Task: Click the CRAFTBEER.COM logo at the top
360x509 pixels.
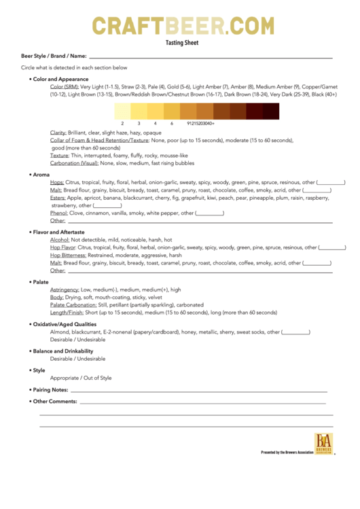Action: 183,26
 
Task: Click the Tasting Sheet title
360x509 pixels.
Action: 182,42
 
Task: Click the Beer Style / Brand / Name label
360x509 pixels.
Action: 54,56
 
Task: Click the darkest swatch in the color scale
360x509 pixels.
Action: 270,111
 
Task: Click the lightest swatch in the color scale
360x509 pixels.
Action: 122,111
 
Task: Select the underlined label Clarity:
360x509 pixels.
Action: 58,133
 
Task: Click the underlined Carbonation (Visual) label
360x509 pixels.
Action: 74,163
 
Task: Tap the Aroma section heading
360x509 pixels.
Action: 41,175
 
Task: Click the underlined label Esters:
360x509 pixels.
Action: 58,198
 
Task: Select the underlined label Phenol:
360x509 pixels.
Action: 59,213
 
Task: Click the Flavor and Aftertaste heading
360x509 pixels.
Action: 56,232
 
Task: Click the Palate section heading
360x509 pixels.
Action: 41,281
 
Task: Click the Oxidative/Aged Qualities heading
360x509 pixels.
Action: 67,324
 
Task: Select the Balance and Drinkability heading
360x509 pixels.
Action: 62,351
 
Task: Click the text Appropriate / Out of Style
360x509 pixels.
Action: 81,378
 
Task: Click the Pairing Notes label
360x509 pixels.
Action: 51,390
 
